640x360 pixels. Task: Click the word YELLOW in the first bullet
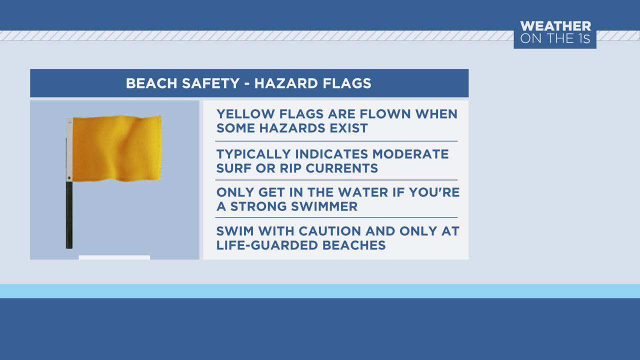241,114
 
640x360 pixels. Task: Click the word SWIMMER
322,206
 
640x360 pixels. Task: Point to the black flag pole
69,215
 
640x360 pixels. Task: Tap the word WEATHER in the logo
555,26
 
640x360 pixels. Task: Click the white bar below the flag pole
114,257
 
